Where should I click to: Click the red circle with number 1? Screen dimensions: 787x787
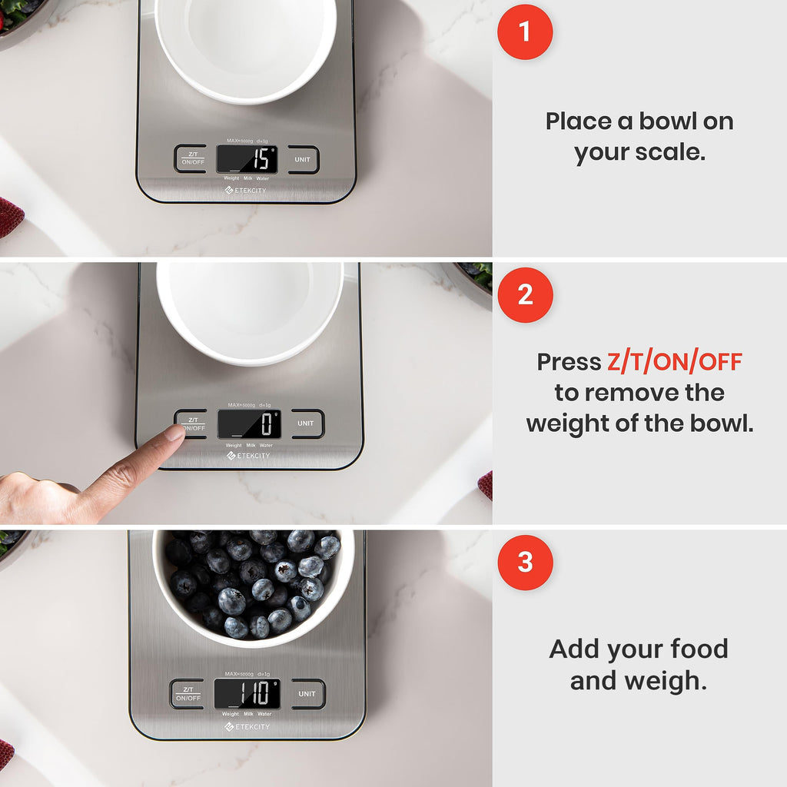(x=525, y=32)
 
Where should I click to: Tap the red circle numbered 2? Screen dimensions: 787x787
(x=525, y=295)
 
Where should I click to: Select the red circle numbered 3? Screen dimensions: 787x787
(x=525, y=563)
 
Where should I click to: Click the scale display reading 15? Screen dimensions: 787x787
(x=247, y=159)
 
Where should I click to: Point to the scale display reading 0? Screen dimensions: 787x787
(x=248, y=424)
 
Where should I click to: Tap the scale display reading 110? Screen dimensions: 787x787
(x=247, y=694)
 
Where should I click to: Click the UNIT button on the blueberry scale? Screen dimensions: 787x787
(x=307, y=694)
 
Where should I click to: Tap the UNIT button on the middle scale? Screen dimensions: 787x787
(x=306, y=423)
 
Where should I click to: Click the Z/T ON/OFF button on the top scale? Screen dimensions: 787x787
(x=190, y=159)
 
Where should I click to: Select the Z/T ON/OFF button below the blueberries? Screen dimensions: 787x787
(x=188, y=694)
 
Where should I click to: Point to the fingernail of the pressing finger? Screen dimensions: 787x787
(x=175, y=433)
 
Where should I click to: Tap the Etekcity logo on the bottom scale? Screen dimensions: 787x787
(x=247, y=727)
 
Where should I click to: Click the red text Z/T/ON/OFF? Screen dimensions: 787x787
(x=674, y=362)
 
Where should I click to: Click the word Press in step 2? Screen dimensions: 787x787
(x=569, y=362)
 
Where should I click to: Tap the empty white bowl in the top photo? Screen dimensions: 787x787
(x=246, y=46)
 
